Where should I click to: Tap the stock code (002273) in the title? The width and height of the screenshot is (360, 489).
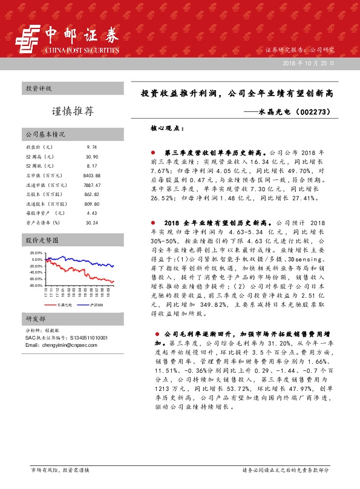point(314,111)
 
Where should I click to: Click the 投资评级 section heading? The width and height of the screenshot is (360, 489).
point(38,88)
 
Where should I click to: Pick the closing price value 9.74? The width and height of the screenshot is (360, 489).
point(91,147)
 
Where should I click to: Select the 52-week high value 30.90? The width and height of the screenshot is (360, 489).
point(91,156)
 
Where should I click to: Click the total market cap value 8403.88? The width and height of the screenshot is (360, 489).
point(91,175)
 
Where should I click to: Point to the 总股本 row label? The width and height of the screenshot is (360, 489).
point(37,194)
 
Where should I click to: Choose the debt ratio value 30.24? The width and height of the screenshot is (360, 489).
point(91,223)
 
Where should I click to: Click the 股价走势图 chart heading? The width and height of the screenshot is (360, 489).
point(41,240)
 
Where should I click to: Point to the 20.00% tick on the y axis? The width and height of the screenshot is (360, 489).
point(36,253)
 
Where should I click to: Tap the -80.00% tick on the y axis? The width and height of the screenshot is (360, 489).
point(36,285)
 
